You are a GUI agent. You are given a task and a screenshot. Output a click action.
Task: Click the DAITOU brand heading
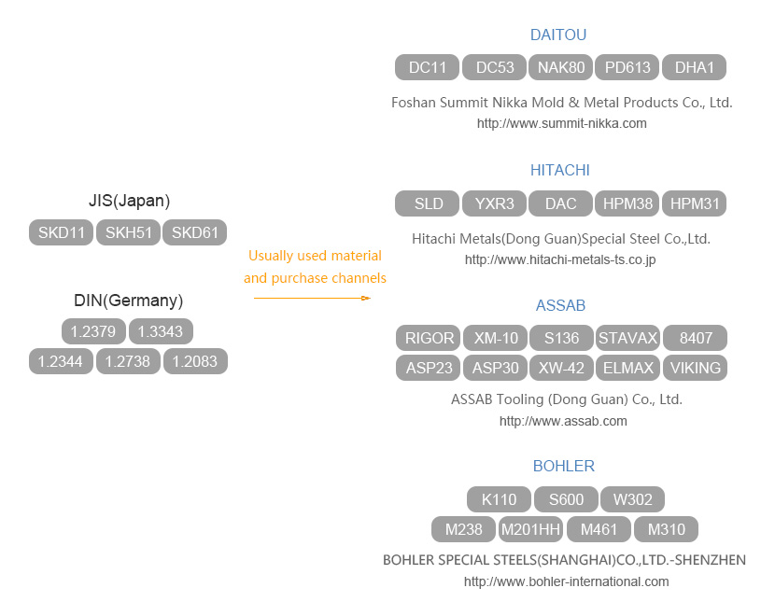[558, 35]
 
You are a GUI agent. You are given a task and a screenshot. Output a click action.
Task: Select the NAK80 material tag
[561, 67]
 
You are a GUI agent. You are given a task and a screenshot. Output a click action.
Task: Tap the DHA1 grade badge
[694, 67]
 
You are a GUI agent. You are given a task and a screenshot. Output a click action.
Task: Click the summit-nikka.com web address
[561, 123]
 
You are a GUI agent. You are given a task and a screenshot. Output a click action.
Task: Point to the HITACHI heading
[559, 170]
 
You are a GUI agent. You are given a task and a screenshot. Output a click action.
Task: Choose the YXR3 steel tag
[494, 203]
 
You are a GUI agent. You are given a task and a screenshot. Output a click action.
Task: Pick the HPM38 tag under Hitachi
[627, 203]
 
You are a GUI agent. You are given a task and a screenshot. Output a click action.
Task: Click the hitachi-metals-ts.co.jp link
[560, 259]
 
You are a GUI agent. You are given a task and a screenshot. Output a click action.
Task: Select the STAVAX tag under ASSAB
[628, 338]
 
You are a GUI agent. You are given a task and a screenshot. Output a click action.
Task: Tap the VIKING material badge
[695, 368]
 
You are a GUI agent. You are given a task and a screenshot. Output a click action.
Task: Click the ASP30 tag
[495, 368]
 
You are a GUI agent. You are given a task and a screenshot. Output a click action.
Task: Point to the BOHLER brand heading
[563, 466]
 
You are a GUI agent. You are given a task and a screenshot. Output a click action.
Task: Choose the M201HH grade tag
[530, 529]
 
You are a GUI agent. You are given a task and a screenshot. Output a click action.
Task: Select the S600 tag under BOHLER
[566, 499]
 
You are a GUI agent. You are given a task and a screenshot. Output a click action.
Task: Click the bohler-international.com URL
[566, 581]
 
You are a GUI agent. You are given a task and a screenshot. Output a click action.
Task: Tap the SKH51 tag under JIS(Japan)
[129, 232]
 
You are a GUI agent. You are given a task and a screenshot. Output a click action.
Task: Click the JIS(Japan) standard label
[129, 201]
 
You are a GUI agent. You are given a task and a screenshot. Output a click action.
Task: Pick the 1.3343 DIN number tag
[161, 331]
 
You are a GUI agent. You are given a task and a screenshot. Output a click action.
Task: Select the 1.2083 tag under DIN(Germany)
[195, 361]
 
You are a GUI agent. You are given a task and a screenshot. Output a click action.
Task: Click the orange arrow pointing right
[312, 298]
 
